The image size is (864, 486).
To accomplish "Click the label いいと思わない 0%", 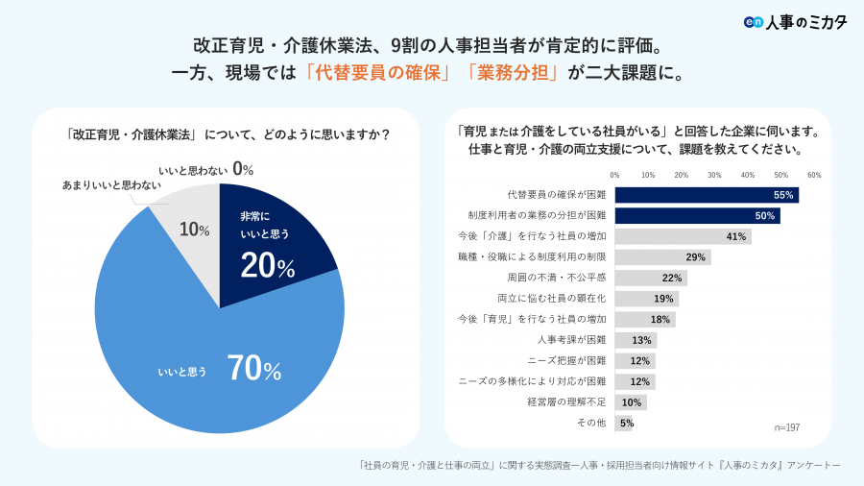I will [x=205, y=170].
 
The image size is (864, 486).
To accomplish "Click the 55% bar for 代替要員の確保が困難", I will [x=707, y=195].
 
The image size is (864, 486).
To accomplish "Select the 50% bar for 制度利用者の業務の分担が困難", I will [x=697, y=216].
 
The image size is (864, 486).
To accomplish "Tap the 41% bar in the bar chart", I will [x=683, y=236].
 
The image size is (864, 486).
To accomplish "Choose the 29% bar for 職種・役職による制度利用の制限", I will [x=662, y=257].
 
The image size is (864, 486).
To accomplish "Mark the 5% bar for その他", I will [x=623, y=423].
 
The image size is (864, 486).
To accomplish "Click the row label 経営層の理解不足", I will [x=566, y=401].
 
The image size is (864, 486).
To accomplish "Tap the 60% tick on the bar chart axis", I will [x=814, y=175].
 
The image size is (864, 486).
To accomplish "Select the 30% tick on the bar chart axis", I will [x=714, y=175].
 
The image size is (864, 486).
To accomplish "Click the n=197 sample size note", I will [x=786, y=426].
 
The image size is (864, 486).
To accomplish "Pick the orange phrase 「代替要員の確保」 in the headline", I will [x=378, y=73].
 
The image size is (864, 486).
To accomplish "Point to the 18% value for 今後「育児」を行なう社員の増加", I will [x=660, y=320].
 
